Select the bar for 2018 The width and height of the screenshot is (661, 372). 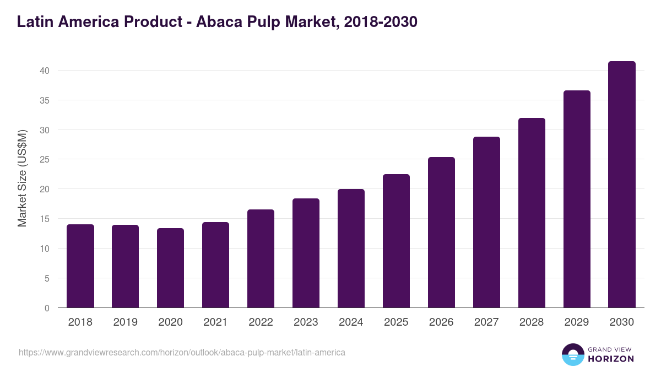coord(80,266)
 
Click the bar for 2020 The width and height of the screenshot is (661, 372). coord(170,268)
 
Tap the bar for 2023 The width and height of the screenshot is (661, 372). coord(306,253)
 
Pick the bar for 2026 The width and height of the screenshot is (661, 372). coord(441,233)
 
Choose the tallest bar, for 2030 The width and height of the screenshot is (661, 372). coord(622,185)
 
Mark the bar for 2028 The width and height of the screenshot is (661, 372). coord(532,213)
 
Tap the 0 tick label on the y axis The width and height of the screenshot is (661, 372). coord(47,308)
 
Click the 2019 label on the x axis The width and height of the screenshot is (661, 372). coord(125,322)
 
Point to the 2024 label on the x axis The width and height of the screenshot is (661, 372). coord(351,322)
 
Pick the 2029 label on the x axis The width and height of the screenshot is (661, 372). coord(577,322)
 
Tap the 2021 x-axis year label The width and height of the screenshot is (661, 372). coord(215,322)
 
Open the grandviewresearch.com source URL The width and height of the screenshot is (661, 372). coord(182,352)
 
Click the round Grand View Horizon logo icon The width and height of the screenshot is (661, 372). coord(573,354)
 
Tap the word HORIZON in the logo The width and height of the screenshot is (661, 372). coord(611,359)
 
